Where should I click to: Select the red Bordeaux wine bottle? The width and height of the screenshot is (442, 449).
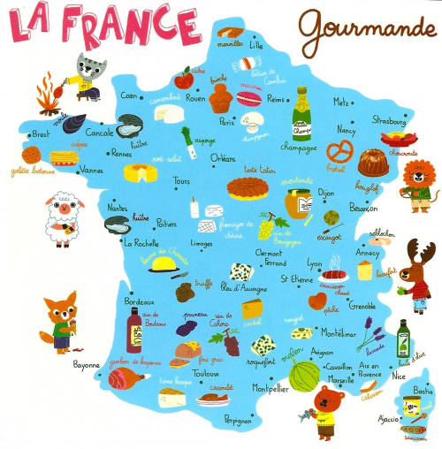coord(134,332)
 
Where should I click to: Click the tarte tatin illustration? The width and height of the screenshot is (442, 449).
coord(247,186)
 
